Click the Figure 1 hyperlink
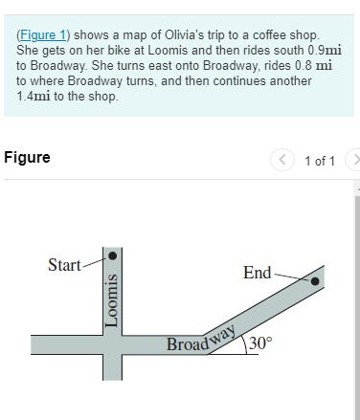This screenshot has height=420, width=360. point(43,34)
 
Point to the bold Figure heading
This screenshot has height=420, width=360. point(27,157)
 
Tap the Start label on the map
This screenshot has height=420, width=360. point(64,264)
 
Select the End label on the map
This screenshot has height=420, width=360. point(257,273)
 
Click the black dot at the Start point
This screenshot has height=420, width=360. point(113,256)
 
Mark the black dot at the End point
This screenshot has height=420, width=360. point(314,281)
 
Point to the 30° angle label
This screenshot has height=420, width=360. point(261,344)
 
